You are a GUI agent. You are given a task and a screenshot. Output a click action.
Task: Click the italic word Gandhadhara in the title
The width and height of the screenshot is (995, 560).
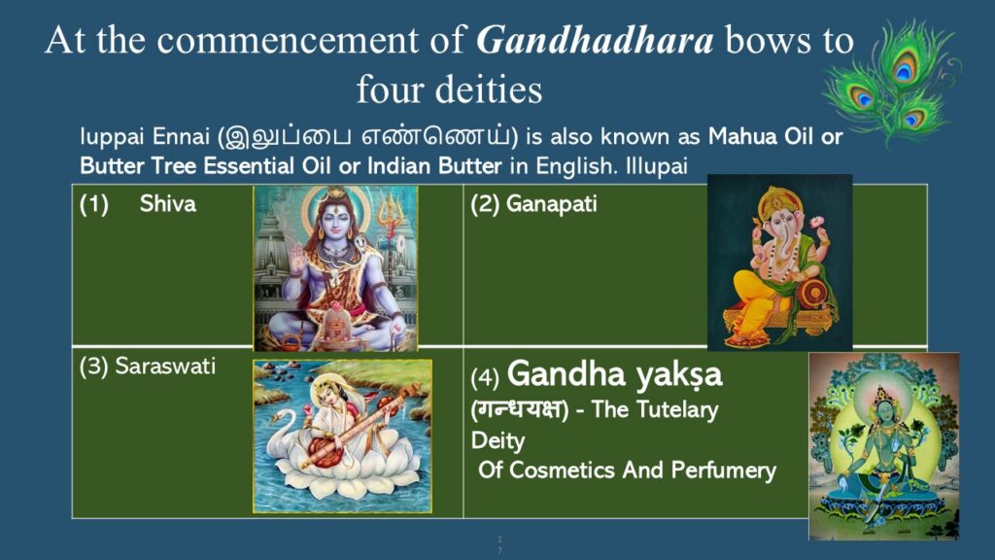tap(595, 41)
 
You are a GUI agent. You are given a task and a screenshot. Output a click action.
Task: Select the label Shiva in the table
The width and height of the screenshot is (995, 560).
tap(167, 204)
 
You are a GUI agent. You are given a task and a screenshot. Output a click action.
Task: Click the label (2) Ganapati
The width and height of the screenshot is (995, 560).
tap(533, 204)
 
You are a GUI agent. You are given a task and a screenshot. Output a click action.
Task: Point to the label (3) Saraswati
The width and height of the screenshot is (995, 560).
tap(148, 367)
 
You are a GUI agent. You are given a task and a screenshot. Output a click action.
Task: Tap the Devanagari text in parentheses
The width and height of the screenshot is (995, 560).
tap(519, 409)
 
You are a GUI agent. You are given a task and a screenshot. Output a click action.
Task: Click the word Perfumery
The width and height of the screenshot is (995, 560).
tap(723, 471)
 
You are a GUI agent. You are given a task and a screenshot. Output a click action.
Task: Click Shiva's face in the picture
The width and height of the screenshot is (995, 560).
tap(335, 225)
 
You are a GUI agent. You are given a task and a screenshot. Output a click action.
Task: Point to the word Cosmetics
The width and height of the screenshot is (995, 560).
tap(563, 471)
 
